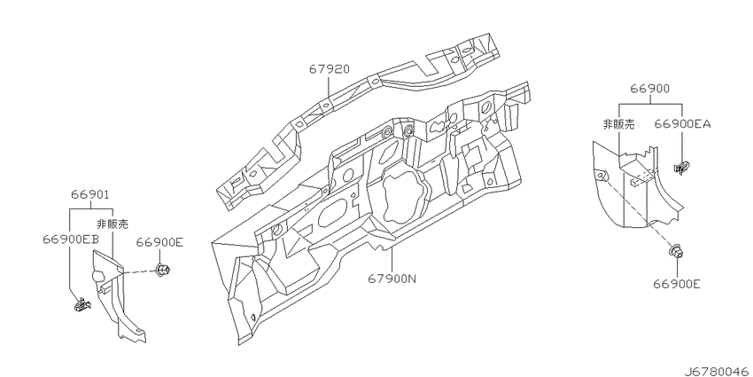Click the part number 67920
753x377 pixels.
[329, 70]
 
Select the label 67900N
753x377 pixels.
[392, 278]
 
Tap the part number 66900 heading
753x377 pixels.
[649, 89]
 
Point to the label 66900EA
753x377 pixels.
[682, 124]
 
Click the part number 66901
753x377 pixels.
[90, 195]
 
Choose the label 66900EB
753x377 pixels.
[71, 240]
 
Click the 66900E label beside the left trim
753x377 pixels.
[159, 242]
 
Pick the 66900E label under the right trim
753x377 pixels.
[676, 284]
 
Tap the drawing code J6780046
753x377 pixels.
[717, 371]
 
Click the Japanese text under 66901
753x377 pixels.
[113, 224]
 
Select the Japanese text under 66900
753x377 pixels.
[618, 124]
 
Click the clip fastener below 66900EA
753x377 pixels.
[681, 169]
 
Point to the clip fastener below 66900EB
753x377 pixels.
[82, 304]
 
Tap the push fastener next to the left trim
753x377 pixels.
[161, 271]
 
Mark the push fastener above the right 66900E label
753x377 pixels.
[676, 251]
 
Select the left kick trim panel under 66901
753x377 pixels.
[118, 295]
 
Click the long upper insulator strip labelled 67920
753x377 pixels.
[352, 121]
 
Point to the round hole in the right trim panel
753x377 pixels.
[601, 176]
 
